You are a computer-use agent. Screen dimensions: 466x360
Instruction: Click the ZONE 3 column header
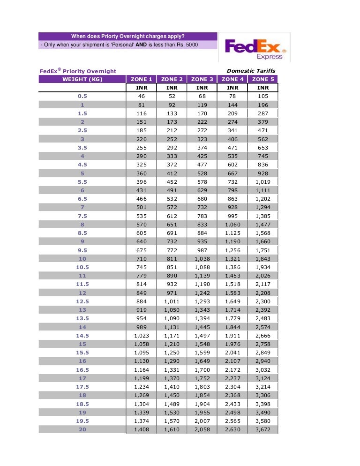click(202, 79)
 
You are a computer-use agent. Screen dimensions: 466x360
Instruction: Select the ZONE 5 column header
click(263, 79)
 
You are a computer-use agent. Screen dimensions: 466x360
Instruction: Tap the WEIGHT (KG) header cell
click(82, 79)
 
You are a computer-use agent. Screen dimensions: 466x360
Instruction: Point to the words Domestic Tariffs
click(251, 71)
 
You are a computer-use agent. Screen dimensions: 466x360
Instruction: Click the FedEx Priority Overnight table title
click(78, 71)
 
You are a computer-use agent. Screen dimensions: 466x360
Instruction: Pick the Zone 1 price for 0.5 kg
click(141, 96)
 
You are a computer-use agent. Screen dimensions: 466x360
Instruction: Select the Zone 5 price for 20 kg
click(263, 429)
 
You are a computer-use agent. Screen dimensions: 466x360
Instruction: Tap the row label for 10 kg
click(82, 258)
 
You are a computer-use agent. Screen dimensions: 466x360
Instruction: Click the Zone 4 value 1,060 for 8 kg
click(232, 224)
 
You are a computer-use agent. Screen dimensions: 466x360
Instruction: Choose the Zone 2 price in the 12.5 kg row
click(172, 301)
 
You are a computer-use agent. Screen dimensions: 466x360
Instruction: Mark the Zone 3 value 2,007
click(202, 421)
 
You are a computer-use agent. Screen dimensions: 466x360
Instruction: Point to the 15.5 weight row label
click(82, 352)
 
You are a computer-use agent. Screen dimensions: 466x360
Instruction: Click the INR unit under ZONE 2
click(172, 88)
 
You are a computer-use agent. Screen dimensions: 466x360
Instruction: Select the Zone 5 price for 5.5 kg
click(263, 181)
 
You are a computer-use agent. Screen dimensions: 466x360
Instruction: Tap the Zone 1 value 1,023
click(141, 335)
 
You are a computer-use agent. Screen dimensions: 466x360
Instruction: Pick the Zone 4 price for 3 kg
click(232, 139)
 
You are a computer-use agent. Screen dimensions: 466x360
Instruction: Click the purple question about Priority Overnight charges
click(127, 36)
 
